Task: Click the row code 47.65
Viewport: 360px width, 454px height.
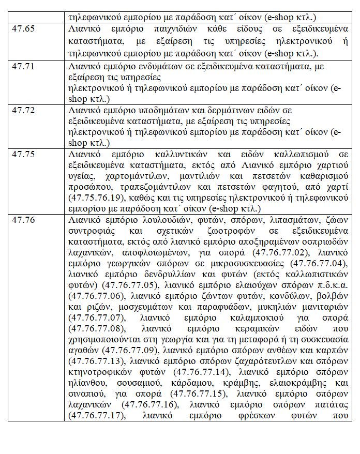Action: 23,29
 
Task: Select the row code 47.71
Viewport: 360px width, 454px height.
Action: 23,67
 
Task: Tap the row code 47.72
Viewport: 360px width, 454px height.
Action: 23,111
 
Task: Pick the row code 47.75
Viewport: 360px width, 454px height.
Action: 23,155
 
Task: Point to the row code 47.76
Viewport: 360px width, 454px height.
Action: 23,220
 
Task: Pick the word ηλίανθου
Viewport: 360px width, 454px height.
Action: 86,383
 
